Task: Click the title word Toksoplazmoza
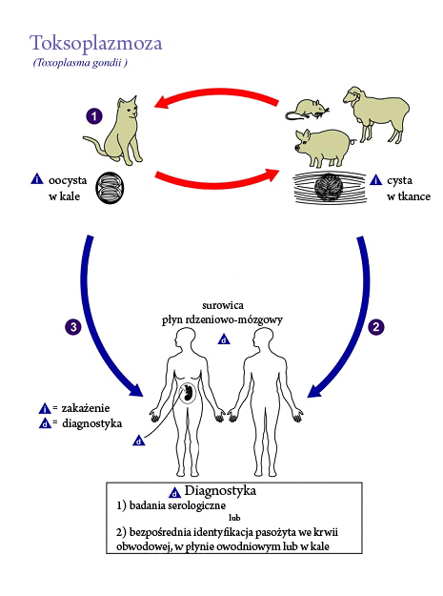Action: pyautogui.click(x=96, y=44)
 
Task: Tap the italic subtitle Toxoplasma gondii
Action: pyautogui.click(x=79, y=62)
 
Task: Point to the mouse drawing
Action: pyautogui.click(x=307, y=110)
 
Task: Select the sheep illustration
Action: pyautogui.click(x=375, y=113)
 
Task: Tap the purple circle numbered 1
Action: pyautogui.click(x=94, y=116)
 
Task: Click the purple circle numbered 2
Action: pyautogui.click(x=376, y=327)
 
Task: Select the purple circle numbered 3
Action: pyautogui.click(x=73, y=327)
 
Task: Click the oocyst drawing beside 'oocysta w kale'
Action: pyautogui.click(x=110, y=188)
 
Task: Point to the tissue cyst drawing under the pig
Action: pyautogui.click(x=330, y=187)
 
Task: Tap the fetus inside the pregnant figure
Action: pyautogui.click(x=188, y=392)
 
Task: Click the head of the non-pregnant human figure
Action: pyautogui.click(x=263, y=339)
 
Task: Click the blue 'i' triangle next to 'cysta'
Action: pyautogui.click(x=375, y=179)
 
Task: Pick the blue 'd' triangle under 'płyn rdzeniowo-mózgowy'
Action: pyautogui.click(x=224, y=339)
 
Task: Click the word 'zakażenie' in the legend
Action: pyautogui.click(x=86, y=408)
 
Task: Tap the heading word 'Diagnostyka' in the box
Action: pyautogui.click(x=220, y=491)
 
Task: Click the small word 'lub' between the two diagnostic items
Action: pyautogui.click(x=234, y=518)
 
